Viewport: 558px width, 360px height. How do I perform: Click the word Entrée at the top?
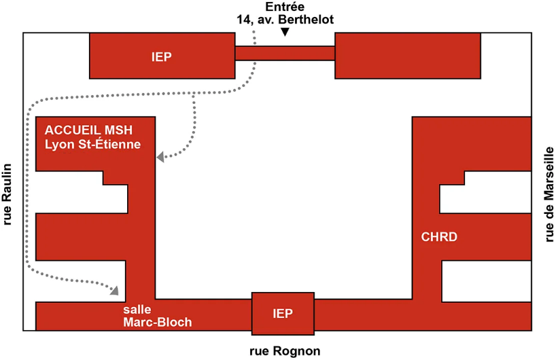pyautogui.click(x=285, y=7)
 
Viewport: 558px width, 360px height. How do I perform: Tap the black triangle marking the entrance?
pyautogui.click(x=285, y=32)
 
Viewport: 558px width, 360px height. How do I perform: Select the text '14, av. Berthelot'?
pyautogui.click(x=285, y=19)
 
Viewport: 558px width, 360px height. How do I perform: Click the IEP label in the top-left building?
pyautogui.click(x=162, y=57)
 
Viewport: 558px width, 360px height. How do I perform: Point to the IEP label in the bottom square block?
pyautogui.click(x=283, y=313)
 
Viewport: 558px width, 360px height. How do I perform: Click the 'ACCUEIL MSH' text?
pyautogui.click(x=88, y=130)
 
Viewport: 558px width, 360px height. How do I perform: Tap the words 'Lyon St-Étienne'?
pyautogui.click(x=92, y=144)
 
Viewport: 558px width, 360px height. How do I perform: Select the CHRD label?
pyautogui.click(x=439, y=237)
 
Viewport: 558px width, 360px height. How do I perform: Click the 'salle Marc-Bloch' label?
pyautogui.click(x=157, y=316)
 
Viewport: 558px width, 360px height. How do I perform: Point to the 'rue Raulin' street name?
pyautogui.click(x=7, y=194)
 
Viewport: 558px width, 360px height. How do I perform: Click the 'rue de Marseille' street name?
pyautogui.click(x=549, y=194)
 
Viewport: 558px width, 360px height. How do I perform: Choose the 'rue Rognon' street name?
pyautogui.click(x=285, y=351)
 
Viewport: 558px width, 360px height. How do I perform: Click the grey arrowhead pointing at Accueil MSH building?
pyautogui.click(x=160, y=156)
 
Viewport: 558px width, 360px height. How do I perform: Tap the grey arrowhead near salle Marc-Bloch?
pyautogui.click(x=115, y=290)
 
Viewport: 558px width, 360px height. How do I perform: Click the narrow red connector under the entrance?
pyautogui.click(x=285, y=54)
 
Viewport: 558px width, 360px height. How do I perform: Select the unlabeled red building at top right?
pyautogui.click(x=408, y=56)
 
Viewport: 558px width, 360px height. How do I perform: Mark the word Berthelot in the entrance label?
pyautogui.click(x=306, y=19)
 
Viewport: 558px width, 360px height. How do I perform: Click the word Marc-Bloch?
pyautogui.click(x=157, y=322)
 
